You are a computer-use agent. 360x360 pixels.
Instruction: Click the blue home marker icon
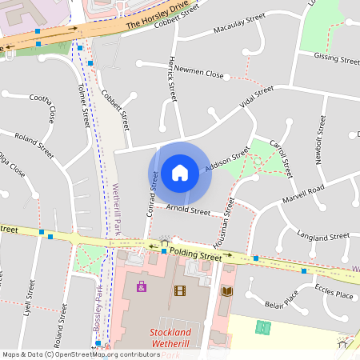pyautogui.click(x=180, y=172)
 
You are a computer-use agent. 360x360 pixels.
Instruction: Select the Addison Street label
pyautogui.click(x=228, y=159)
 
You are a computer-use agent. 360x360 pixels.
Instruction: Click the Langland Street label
pyautogui.click(x=322, y=237)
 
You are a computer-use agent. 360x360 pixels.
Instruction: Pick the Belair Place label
pyautogui.click(x=281, y=301)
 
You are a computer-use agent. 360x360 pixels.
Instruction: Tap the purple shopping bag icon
pyautogui.click(x=142, y=286)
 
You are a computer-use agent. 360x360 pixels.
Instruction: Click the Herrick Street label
pyautogui.click(x=172, y=78)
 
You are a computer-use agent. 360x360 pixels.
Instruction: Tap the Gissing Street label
pyautogui.click(x=336, y=59)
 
